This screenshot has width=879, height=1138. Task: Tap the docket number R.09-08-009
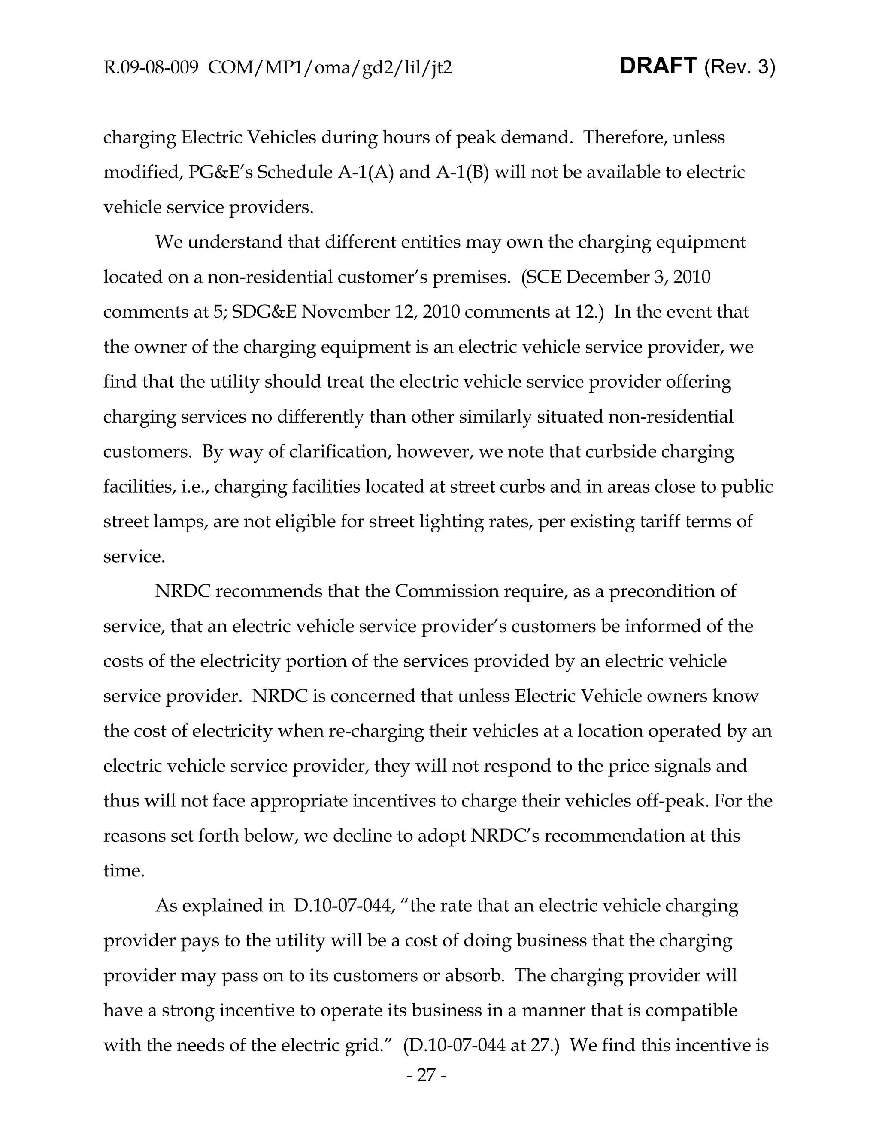pyautogui.click(x=151, y=67)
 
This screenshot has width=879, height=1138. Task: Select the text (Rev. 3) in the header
pyautogui.click(x=740, y=67)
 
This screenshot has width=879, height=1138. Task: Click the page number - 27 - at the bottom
pyautogui.click(x=426, y=1074)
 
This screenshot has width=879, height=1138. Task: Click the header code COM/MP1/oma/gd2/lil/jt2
pyautogui.click(x=330, y=67)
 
